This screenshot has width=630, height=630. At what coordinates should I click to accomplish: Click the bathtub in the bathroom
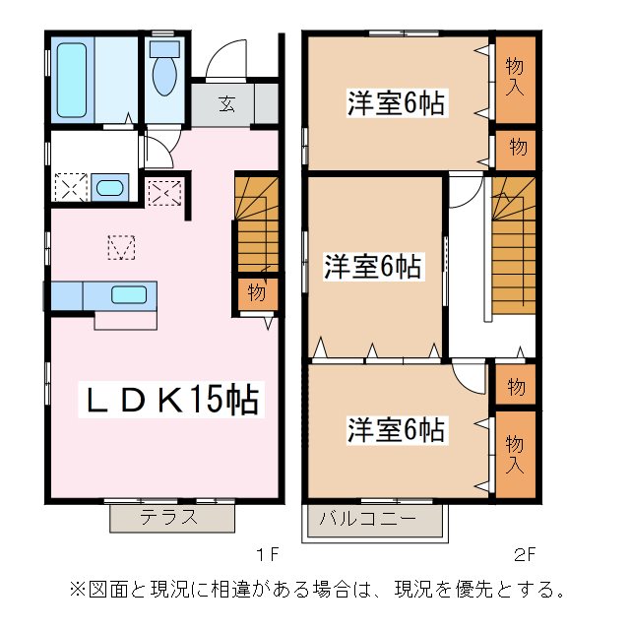74,80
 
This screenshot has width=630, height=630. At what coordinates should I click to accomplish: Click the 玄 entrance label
225,102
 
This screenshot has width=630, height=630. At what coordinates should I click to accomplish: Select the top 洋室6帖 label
394,102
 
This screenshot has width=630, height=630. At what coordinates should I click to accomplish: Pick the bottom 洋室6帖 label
395,429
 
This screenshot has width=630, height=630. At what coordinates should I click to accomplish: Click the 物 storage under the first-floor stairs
256,293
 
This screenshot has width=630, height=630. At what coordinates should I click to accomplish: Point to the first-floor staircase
254,224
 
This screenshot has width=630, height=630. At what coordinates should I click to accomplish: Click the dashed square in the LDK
120,247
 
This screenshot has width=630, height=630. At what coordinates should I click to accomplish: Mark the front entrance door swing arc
225,56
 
